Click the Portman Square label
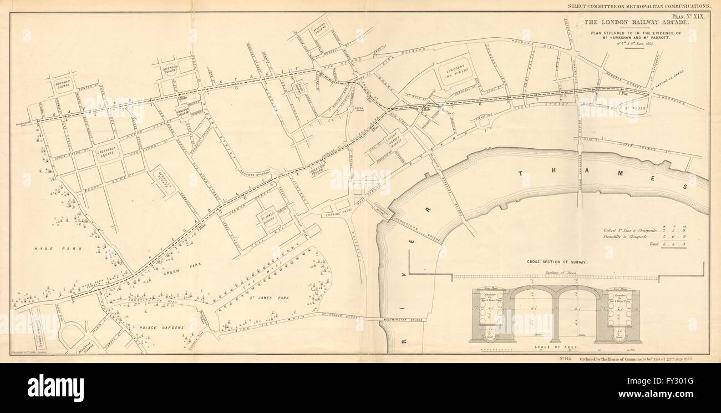65,86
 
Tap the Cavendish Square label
169,70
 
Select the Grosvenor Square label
105,153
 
